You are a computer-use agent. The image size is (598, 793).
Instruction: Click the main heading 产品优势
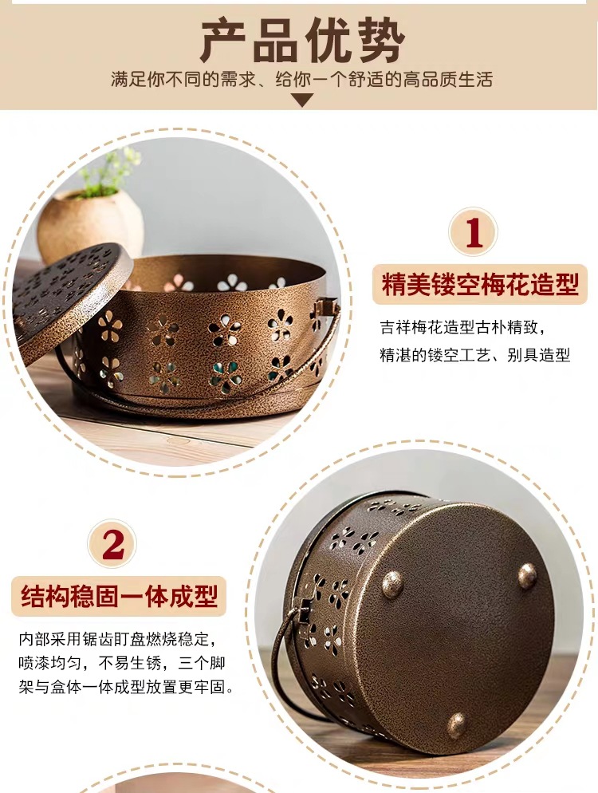click(301, 40)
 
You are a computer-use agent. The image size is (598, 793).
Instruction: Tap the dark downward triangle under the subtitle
click(301, 100)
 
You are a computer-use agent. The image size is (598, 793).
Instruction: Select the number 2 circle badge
click(113, 545)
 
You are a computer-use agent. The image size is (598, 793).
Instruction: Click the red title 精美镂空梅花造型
click(479, 285)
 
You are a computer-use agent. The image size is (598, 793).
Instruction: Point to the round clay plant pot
click(89, 223)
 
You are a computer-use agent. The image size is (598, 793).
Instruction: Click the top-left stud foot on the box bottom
click(392, 584)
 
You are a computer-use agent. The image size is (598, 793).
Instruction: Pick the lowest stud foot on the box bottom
click(456, 724)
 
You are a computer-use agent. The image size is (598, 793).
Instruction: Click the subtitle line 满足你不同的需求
click(301, 80)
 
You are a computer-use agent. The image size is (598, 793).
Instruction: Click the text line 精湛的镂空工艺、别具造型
click(474, 355)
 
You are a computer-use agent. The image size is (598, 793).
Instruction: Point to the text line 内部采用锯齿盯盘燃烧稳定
click(118, 639)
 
